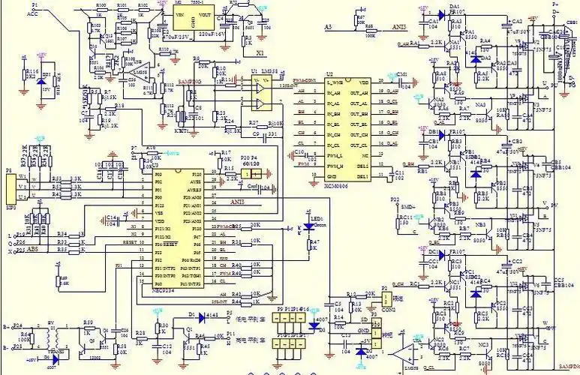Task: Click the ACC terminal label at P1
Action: pos(34,13)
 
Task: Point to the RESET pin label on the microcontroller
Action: pos(165,244)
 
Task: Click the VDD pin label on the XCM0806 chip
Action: pos(363,81)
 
